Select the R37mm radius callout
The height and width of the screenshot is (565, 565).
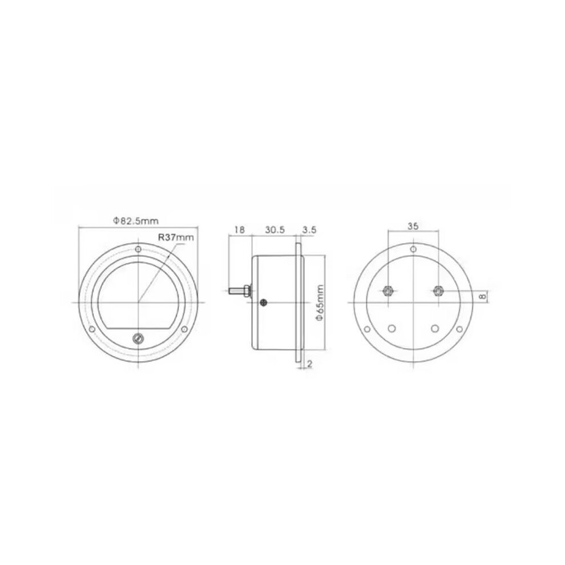[x=176, y=237]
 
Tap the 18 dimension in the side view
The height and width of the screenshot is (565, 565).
[x=240, y=229]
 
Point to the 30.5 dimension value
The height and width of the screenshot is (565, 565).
[x=275, y=229]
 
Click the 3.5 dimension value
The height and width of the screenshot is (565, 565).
[x=309, y=230]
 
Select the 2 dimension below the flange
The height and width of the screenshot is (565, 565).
[x=309, y=364]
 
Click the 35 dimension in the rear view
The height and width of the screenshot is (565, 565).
[x=413, y=226]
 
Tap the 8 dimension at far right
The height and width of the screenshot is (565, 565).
[x=483, y=296]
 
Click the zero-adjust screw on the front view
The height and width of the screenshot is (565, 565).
[x=138, y=338]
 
